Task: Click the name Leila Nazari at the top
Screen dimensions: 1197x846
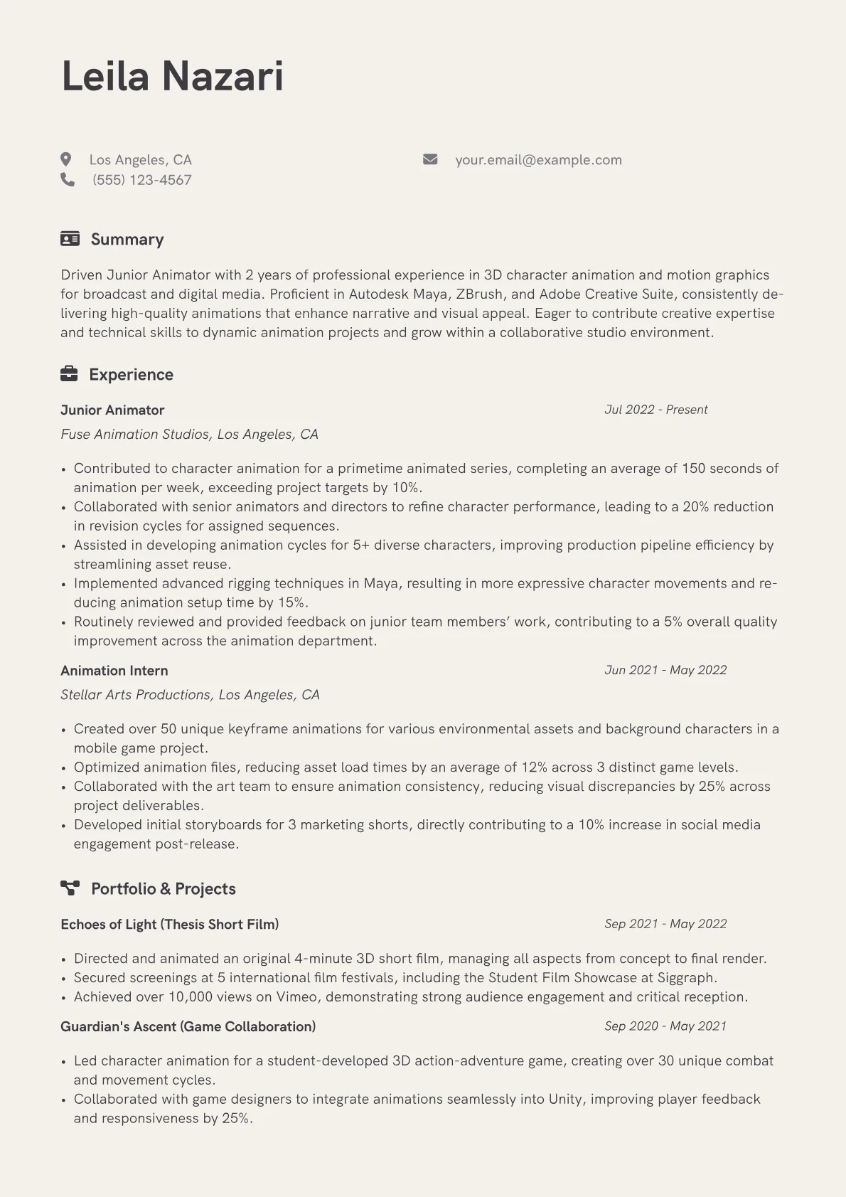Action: coord(173,76)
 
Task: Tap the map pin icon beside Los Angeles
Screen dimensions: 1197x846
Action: coord(66,159)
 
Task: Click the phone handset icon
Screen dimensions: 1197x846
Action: coord(68,179)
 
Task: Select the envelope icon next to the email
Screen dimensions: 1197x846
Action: coord(430,159)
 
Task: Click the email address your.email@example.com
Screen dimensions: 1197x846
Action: coord(538,160)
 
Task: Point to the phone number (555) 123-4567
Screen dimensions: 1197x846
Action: coord(142,180)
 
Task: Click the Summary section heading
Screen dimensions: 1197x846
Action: coord(127,239)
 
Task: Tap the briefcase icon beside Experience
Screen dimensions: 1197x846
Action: coord(69,374)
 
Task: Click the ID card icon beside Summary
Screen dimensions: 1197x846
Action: coord(70,239)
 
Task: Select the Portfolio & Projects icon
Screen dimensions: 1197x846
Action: coord(70,888)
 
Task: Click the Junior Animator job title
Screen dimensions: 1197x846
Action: coord(112,410)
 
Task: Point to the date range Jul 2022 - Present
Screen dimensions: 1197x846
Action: coord(655,410)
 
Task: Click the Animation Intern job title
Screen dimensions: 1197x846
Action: coord(114,670)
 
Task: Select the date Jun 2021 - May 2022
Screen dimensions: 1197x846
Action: coord(665,670)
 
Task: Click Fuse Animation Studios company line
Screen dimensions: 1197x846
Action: coord(189,434)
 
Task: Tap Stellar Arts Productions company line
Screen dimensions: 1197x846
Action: coord(190,694)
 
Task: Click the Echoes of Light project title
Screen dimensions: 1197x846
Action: coord(169,924)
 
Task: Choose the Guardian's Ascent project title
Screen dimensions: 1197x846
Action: coord(188,1026)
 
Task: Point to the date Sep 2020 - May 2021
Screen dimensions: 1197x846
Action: coord(665,1026)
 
